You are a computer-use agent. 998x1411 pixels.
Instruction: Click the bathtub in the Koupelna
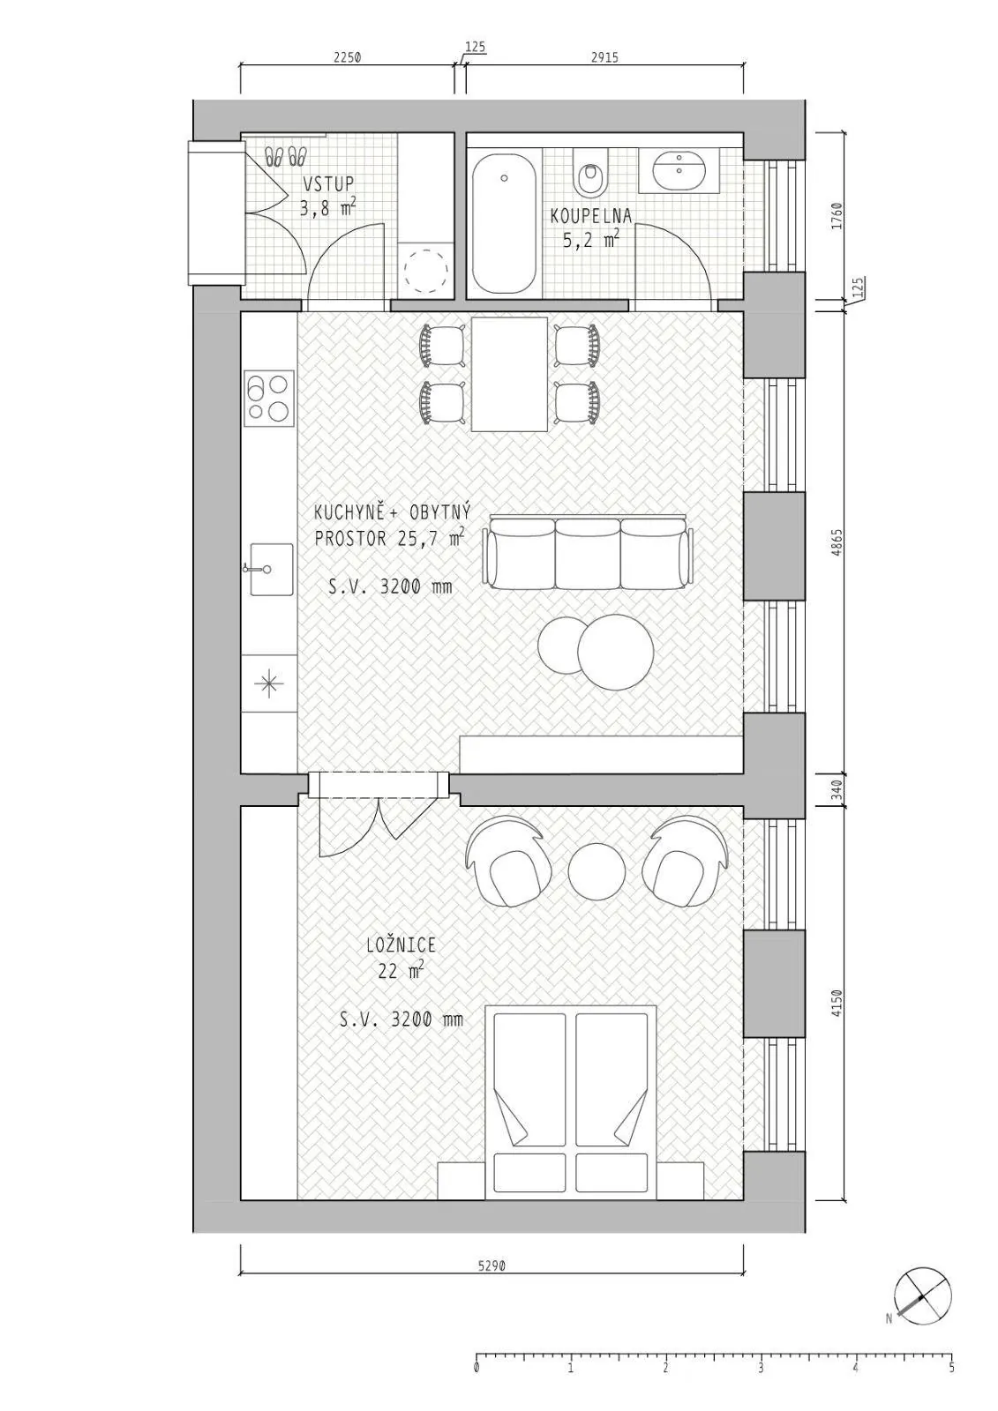pyautogui.click(x=504, y=224)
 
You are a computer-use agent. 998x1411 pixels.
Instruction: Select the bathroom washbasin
pyautogui.click(x=679, y=169)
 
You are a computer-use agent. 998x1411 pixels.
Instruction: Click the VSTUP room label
pyautogui.click(x=328, y=184)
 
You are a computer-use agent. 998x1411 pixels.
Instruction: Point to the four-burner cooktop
pyautogui.click(x=269, y=398)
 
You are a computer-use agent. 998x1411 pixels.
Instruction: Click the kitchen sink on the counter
pyautogui.click(x=271, y=569)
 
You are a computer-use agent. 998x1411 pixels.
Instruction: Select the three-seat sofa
pyautogui.click(x=589, y=552)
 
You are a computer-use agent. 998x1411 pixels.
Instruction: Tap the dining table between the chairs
pyautogui.click(x=509, y=374)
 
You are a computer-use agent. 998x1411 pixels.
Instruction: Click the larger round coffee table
pyautogui.click(x=615, y=652)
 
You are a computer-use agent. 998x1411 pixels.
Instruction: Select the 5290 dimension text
pyautogui.click(x=491, y=1265)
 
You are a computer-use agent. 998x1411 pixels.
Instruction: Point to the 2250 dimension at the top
pyautogui.click(x=347, y=57)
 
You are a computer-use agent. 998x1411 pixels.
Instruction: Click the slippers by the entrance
pyautogui.click(x=286, y=156)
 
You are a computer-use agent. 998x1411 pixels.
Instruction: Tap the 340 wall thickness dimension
pyautogui.click(x=837, y=790)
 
